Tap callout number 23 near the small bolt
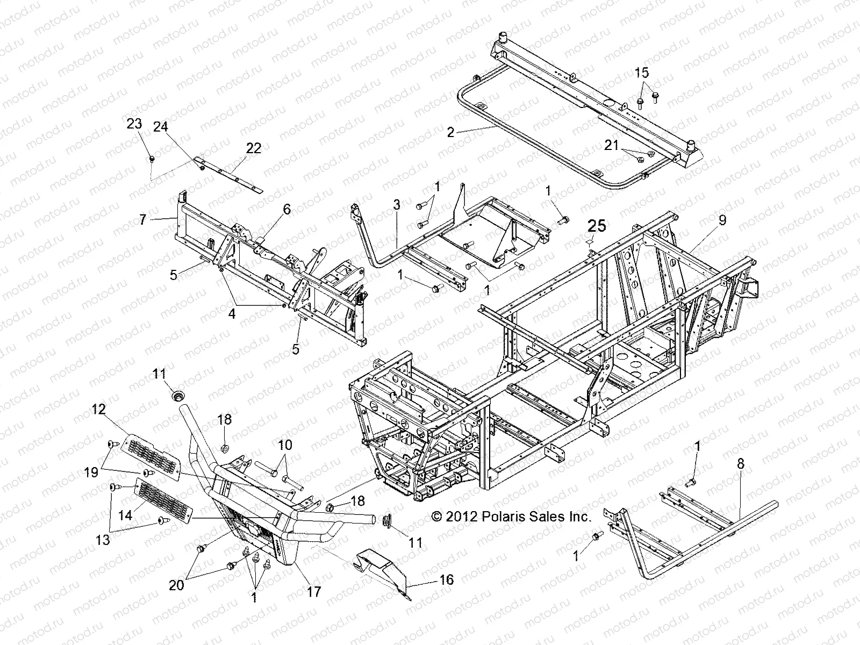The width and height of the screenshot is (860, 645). coord(134,124)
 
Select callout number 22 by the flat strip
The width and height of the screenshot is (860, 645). coord(253,148)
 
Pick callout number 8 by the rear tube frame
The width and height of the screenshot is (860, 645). coord(741,465)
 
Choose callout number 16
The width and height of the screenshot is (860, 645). coord(447,579)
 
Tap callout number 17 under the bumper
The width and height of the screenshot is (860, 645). coord(313,592)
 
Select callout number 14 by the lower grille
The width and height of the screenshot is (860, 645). coord(125,515)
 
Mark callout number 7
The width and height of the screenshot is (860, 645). coord(142,219)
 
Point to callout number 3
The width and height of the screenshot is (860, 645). coord(396,205)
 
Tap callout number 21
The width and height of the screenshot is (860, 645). coord(611,146)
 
